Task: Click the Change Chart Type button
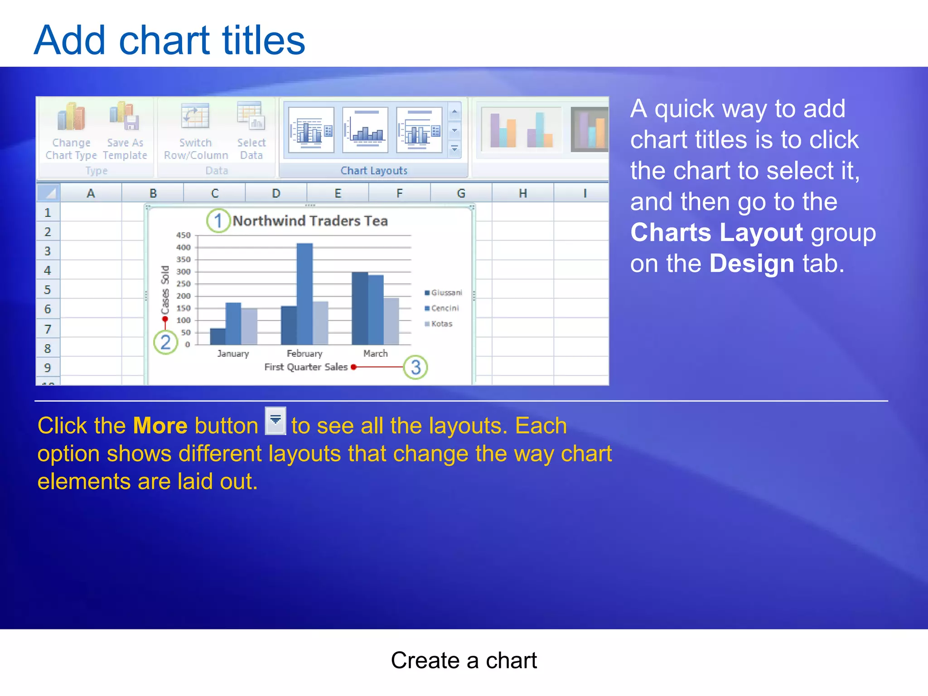(x=71, y=131)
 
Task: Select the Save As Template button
(x=125, y=131)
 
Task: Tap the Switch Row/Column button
(x=195, y=131)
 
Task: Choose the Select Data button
(x=251, y=131)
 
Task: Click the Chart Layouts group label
(x=374, y=170)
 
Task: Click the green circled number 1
(x=218, y=221)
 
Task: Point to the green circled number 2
(x=165, y=342)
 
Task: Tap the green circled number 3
(x=416, y=367)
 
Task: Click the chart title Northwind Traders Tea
(x=310, y=221)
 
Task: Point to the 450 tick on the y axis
(x=184, y=235)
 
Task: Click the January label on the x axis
(x=233, y=353)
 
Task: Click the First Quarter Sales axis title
(x=306, y=367)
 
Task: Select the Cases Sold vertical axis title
(x=165, y=290)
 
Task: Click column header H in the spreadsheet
(x=522, y=193)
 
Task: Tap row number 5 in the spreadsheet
(x=48, y=290)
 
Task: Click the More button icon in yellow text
(x=275, y=421)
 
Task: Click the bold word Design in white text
(x=751, y=264)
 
